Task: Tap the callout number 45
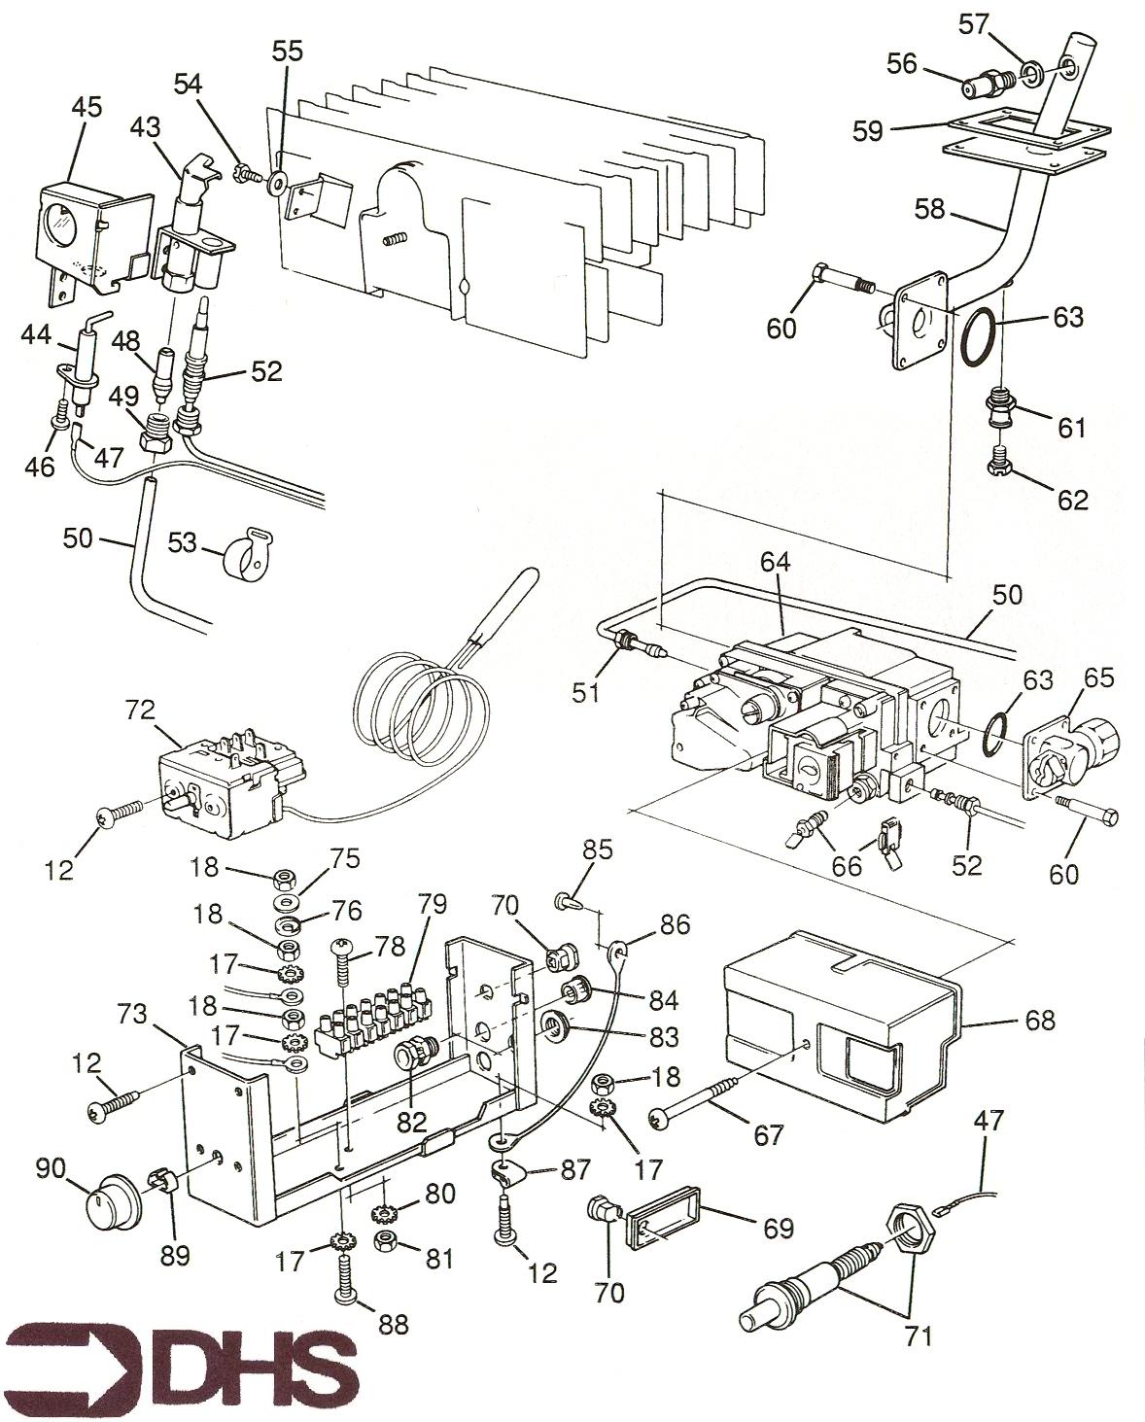pyautogui.click(x=86, y=108)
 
